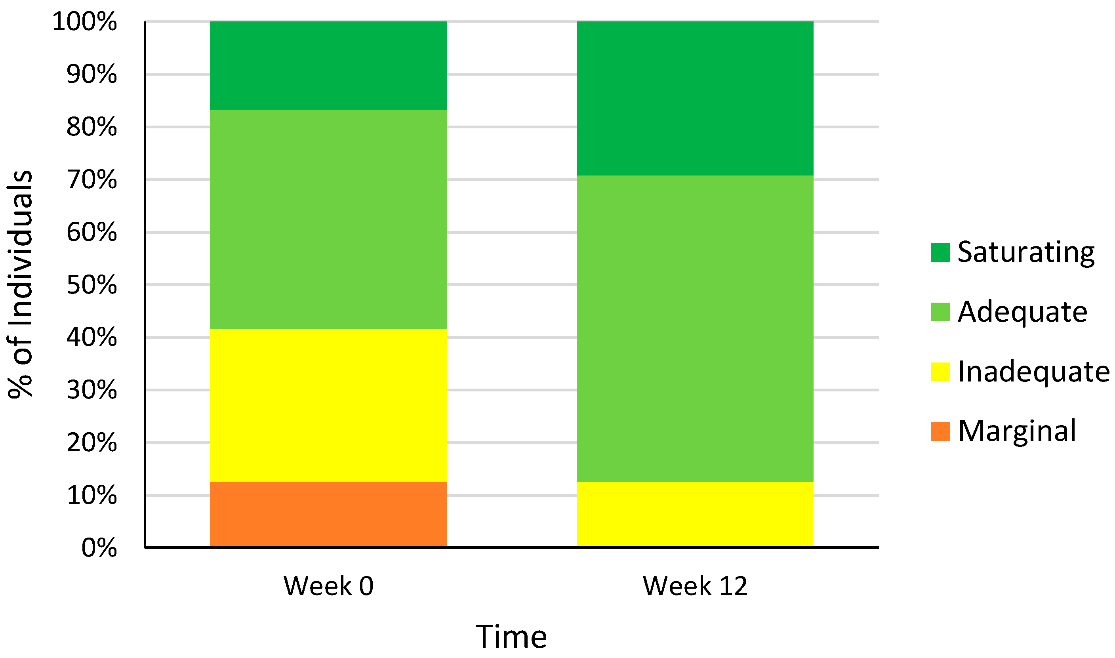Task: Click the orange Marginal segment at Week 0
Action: pyautogui.click(x=328, y=514)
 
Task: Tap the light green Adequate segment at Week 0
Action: pyautogui.click(x=328, y=219)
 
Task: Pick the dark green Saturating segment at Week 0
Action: pyautogui.click(x=328, y=65)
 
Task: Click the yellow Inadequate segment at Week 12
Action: pyautogui.click(x=695, y=514)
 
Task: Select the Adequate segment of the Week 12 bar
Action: pyautogui.click(x=695, y=328)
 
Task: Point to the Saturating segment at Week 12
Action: pyautogui.click(x=695, y=98)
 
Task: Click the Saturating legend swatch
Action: pyautogui.click(x=940, y=252)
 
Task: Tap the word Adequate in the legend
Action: pyautogui.click(x=1022, y=312)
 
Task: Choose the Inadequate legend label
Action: pyautogui.click(x=1033, y=371)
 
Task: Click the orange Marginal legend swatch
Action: pyautogui.click(x=940, y=431)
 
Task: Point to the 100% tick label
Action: pyautogui.click(x=84, y=21)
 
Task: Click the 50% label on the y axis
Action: pyautogui.click(x=91, y=285)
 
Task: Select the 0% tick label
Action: pyautogui.click(x=99, y=547)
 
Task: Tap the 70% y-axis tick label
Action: pyautogui.click(x=91, y=179)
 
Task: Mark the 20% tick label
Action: pyautogui.click(x=91, y=442)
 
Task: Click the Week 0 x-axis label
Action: pyautogui.click(x=328, y=586)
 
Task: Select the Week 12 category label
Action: pyautogui.click(x=695, y=586)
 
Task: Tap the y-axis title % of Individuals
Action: pyautogui.click(x=20, y=284)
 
